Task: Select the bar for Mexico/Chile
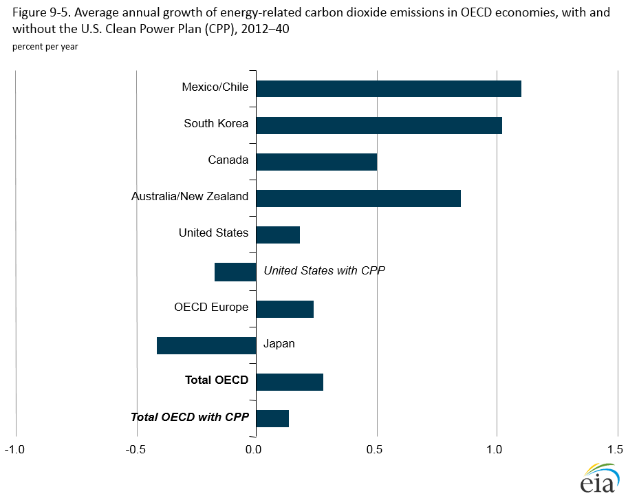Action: point(389,89)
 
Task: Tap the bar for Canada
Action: point(316,162)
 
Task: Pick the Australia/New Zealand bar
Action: point(358,198)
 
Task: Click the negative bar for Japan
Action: point(206,345)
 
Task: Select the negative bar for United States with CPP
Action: point(235,272)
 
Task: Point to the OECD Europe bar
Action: point(285,309)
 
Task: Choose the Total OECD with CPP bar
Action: point(272,418)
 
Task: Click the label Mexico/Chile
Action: point(215,87)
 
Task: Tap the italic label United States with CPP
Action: point(324,270)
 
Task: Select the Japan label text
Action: point(279,343)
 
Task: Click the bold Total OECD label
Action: point(216,380)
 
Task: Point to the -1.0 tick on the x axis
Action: point(15,450)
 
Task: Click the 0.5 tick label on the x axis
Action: point(376,450)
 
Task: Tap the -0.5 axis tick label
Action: point(136,450)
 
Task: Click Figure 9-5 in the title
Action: point(39,13)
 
